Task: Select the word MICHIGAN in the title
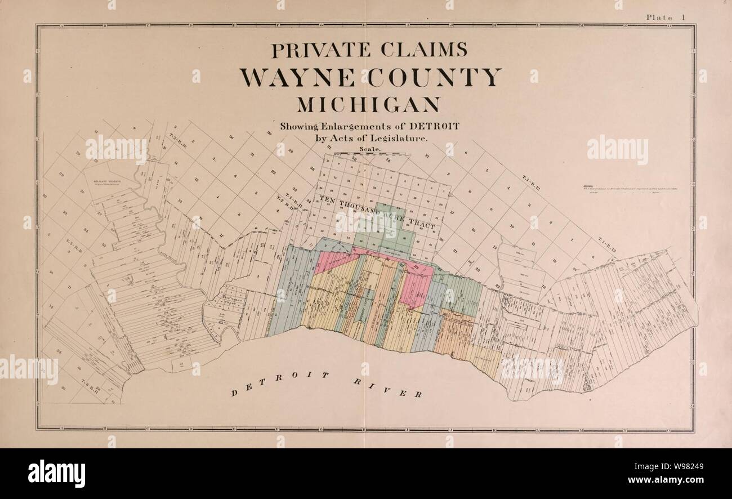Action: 368,105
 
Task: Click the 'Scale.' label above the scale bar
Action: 369,149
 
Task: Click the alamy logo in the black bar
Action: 56,473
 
